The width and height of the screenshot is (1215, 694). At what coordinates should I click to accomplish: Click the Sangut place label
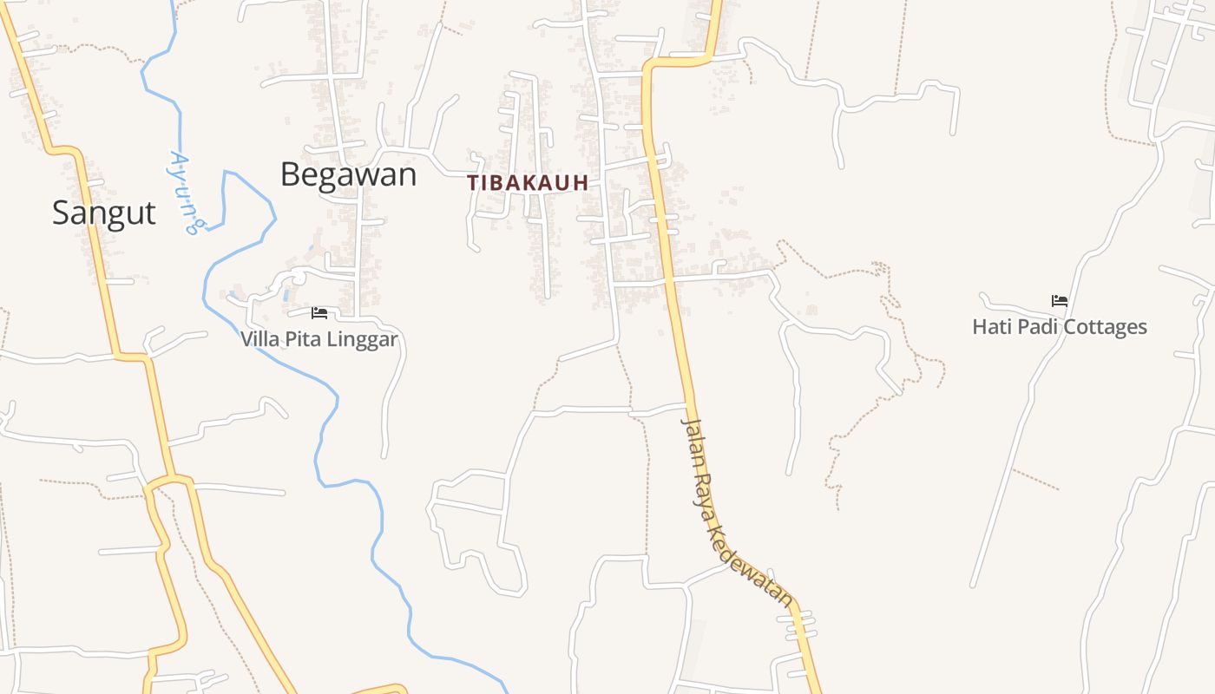pos(104,213)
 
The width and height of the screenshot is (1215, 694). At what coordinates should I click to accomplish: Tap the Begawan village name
pos(348,175)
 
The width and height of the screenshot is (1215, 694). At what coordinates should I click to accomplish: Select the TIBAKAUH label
pos(528,183)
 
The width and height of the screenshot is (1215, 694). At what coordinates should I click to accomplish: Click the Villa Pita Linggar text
pos(319,339)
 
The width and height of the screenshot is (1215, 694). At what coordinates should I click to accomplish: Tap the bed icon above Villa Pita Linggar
pos(319,312)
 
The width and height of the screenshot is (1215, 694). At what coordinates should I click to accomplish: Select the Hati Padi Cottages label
pos(1060,327)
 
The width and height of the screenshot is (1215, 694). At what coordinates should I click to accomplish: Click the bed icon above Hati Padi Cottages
pos(1060,301)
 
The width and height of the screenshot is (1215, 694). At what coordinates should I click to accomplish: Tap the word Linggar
pos(362,339)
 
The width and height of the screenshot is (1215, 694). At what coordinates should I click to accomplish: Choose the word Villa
pos(259,339)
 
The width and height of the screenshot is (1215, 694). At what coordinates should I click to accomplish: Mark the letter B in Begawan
pos(291,175)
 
